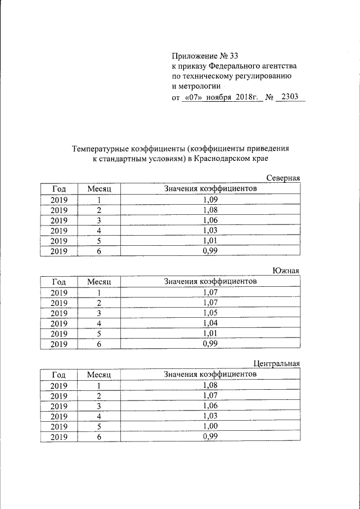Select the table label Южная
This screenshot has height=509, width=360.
[287, 271]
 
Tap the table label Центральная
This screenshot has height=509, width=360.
[278, 363]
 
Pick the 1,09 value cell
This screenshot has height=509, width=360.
[210, 199]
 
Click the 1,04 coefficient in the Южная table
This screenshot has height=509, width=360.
[210, 323]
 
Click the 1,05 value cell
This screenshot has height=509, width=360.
[210, 312]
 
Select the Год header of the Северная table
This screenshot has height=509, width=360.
[58, 189]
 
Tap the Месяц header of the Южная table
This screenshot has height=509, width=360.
[98, 281]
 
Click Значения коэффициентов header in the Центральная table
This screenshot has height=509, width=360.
[210, 374]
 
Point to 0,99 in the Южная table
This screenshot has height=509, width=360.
[210, 344]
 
